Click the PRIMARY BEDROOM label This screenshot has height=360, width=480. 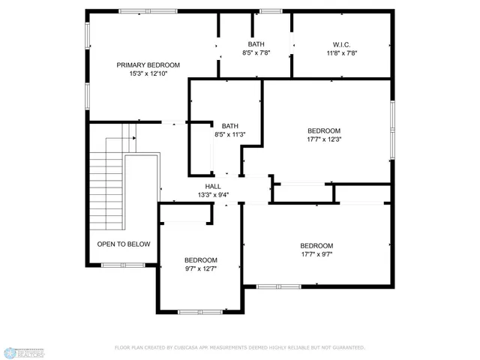[148, 65]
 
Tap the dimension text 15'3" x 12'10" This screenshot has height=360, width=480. [148, 73]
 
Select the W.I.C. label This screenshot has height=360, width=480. [342, 45]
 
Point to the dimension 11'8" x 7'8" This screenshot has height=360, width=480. [342, 53]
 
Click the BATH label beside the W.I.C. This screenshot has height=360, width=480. [257, 45]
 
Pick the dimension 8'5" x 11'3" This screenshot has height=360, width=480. [229, 135]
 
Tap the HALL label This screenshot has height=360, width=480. [213, 186]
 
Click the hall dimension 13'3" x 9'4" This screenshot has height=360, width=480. [213, 195]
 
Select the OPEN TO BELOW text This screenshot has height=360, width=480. [124, 244]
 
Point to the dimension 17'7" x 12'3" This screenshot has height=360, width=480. [324, 139]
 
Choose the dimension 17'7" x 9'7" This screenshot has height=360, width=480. [316, 254]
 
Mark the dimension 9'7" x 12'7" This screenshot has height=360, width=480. [201, 269]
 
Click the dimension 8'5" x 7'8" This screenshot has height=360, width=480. [257, 53]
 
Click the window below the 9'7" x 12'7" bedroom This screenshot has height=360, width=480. [200, 310]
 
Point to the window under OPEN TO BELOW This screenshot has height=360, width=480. [124, 265]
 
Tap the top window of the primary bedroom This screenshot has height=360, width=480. [148, 11]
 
